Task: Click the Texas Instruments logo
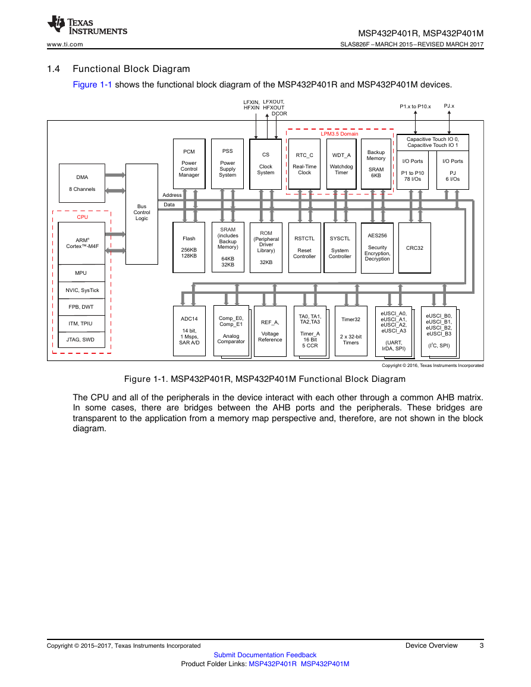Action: (87, 26)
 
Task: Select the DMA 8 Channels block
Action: (82, 183)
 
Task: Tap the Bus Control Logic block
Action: (142, 214)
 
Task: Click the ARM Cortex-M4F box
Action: (81, 243)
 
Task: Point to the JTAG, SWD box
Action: (81, 340)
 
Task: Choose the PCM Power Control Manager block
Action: (189, 164)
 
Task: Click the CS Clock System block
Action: (265, 164)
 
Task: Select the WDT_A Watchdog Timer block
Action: (341, 164)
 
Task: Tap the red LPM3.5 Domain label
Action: (340, 134)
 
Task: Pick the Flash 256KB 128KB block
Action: (189, 247)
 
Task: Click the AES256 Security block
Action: (377, 247)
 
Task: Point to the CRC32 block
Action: (414, 247)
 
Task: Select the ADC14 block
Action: (189, 331)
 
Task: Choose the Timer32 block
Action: (351, 331)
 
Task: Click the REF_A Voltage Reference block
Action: (270, 331)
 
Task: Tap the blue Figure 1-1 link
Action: (92, 84)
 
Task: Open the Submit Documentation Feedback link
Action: (265, 655)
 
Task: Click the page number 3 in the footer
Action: (482, 645)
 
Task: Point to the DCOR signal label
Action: (279, 114)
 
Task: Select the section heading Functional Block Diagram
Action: (131, 69)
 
